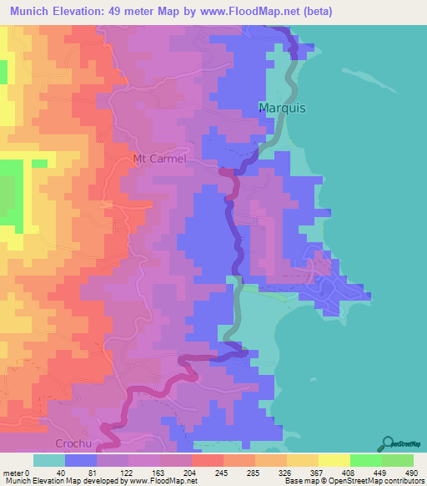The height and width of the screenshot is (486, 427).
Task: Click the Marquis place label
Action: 283,109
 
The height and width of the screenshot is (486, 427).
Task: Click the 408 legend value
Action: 348,472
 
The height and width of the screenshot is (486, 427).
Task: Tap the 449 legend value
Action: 379,472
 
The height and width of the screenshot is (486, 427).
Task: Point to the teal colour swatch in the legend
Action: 48,460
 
